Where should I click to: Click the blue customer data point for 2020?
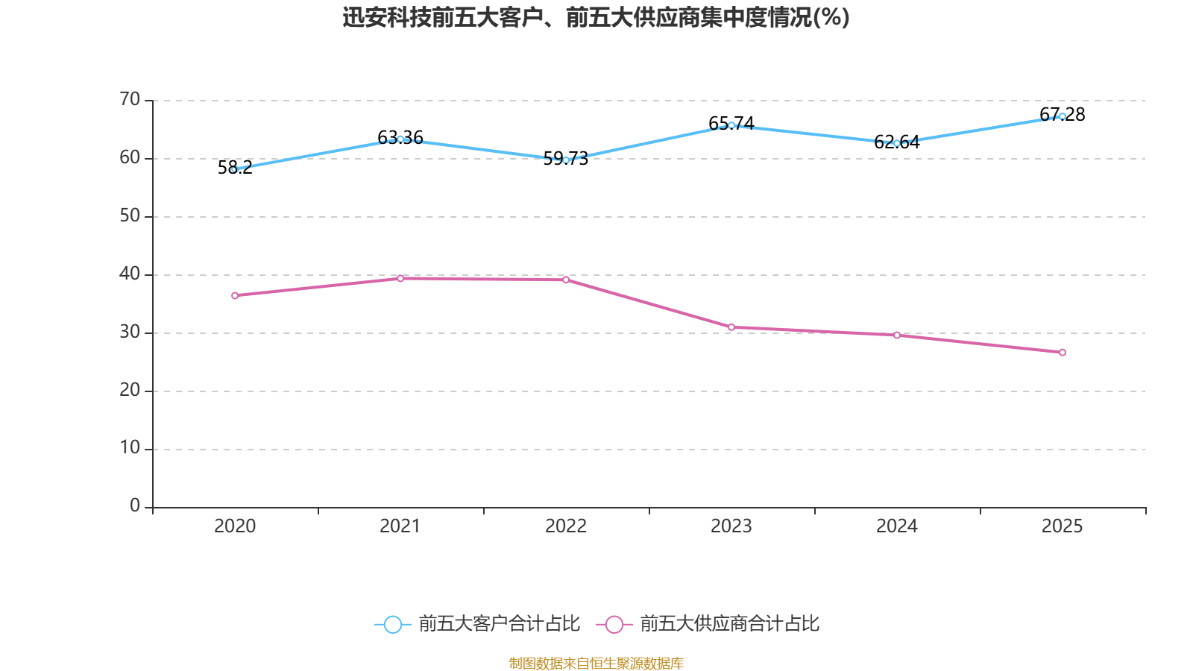pos(234,169)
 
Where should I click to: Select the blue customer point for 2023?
pos(731,125)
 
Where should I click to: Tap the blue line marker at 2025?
pos(1063,116)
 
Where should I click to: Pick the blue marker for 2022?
pos(566,160)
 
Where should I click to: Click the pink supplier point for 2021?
pos(400,278)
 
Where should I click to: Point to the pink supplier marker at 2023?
pos(731,327)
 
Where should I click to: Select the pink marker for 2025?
pos(1063,352)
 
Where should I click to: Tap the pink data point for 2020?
pos(235,295)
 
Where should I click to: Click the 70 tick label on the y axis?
pos(130,99)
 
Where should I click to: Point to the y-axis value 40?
pos(130,274)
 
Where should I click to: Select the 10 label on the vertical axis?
pos(130,447)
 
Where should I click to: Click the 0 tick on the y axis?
pos(135,505)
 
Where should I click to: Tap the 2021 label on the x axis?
pos(400,526)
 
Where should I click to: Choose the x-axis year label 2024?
pos(897,526)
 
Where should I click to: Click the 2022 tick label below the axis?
pos(566,526)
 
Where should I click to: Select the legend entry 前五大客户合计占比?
pos(498,624)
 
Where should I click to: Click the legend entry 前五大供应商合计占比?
pos(729,624)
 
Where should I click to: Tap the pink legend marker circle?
pos(614,624)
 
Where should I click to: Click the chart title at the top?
pos(596,17)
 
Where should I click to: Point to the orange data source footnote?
pos(596,663)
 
